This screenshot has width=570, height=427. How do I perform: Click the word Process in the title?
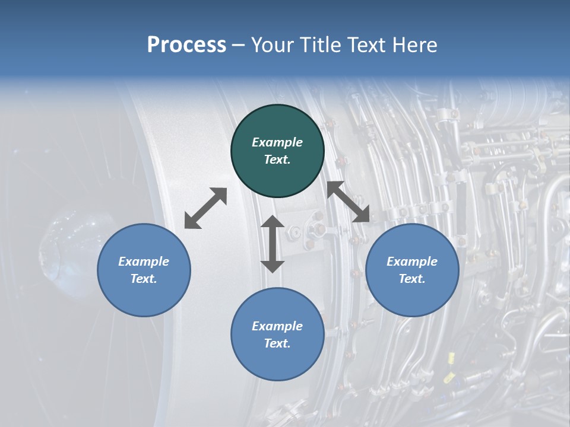coord(186,45)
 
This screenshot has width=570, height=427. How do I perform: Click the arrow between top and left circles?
coord(205,208)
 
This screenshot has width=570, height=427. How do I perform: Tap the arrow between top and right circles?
coord(349,202)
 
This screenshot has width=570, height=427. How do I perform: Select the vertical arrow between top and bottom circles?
coord(273,244)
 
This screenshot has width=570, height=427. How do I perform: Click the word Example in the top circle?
coord(277,142)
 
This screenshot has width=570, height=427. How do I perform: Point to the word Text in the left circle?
coord(144,279)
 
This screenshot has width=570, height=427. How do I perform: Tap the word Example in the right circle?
coord(412,262)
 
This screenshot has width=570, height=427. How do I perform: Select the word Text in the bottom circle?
coord(277,343)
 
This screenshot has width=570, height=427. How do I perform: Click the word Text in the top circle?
coord(277,160)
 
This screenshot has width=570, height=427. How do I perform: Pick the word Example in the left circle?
coord(144,262)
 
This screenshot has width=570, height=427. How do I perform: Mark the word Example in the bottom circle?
coord(277,326)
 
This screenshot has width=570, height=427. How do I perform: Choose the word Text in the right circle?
coord(412,279)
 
